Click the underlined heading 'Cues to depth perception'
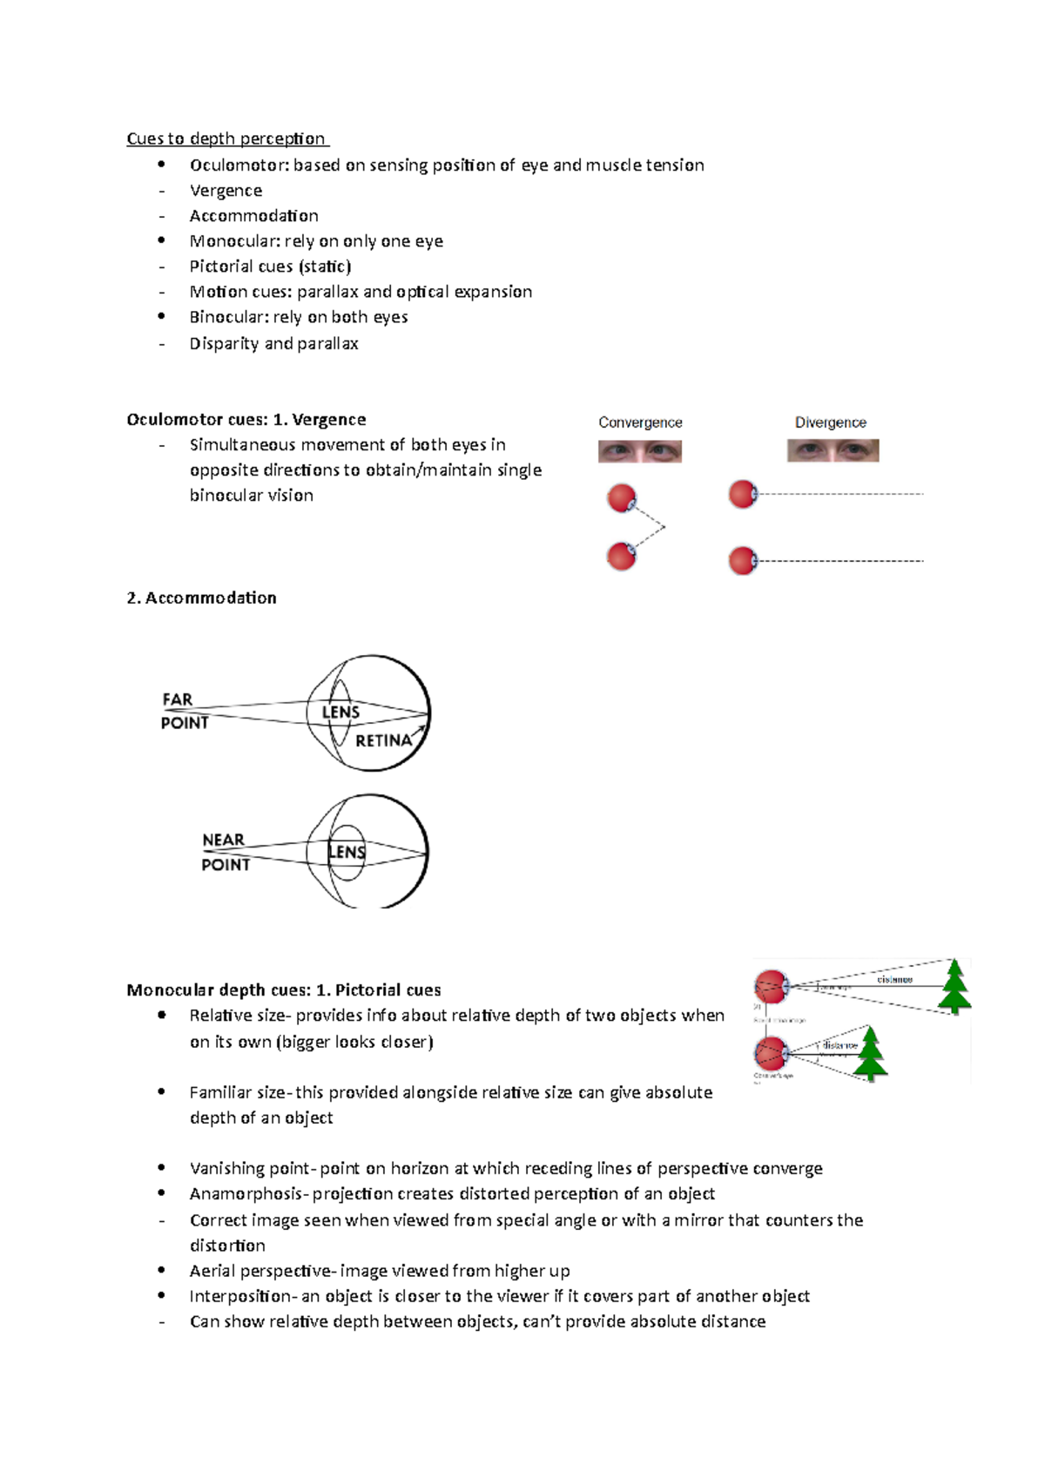[x=226, y=138]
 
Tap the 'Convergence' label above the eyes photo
[x=640, y=422]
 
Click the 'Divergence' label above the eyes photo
[x=830, y=422]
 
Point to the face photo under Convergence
[x=640, y=451]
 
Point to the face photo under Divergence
[x=833, y=450]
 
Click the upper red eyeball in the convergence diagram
[x=622, y=498]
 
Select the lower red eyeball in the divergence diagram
[x=743, y=561]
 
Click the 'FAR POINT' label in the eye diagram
[x=184, y=711]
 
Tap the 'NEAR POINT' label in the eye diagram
[x=225, y=852]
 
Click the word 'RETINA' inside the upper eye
[x=383, y=740]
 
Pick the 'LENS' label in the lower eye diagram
[x=347, y=852]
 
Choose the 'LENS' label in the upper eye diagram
[x=340, y=712]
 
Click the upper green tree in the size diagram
[x=954, y=986]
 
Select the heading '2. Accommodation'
[x=201, y=598]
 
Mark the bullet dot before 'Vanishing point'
[x=161, y=1167]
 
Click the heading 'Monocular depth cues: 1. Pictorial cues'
[x=283, y=989]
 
